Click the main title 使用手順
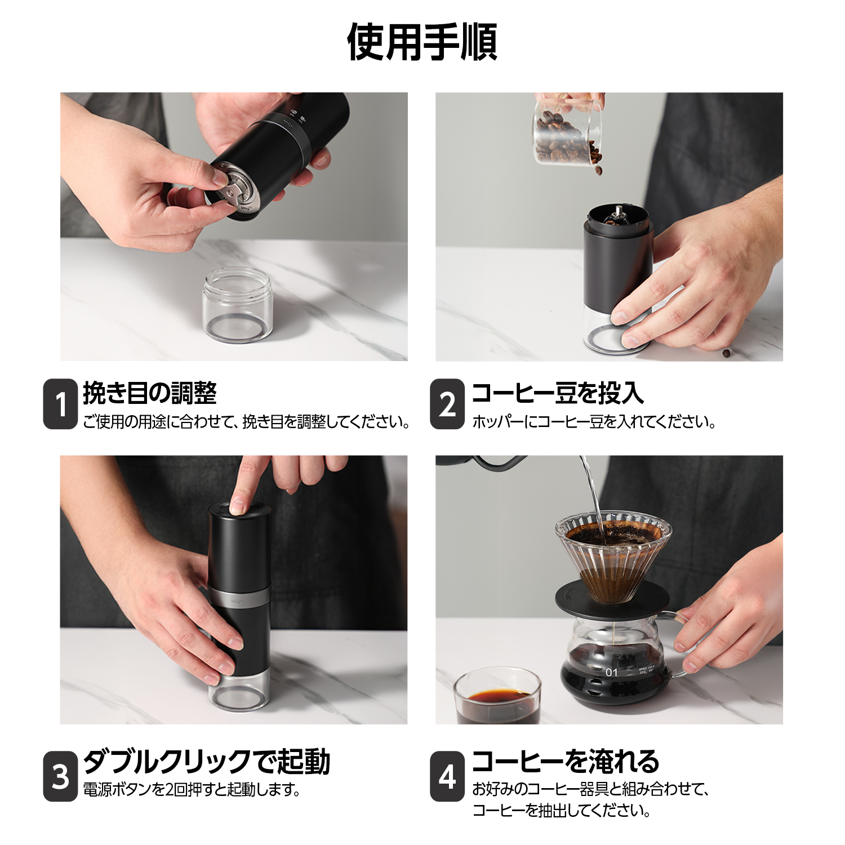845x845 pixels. tap(422, 42)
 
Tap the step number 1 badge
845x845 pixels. tap(60, 404)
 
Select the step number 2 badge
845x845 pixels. tap(447, 404)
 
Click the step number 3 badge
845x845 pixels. tap(60, 776)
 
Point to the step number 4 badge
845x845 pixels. tap(447, 776)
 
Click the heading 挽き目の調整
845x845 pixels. tap(149, 393)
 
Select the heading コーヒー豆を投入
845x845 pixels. tap(557, 393)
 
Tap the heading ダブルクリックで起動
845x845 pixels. tap(206, 762)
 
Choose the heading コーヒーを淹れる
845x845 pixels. tap(565, 762)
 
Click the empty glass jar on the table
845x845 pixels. tap(238, 305)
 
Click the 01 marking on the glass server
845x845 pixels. tap(611, 672)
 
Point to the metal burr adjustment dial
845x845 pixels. tap(238, 189)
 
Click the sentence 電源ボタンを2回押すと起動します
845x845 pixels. tap(192, 790)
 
